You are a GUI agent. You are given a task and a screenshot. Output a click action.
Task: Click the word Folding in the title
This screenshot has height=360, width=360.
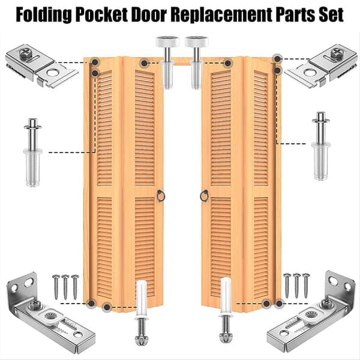(x=43, y=14)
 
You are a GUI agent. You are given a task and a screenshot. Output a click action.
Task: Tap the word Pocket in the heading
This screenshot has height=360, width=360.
(x=101, y=14)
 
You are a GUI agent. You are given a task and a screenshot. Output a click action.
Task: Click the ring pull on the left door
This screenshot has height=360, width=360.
(x=161, y=196)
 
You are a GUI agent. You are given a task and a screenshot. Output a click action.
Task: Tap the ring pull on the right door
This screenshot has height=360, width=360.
(x=204, y=196)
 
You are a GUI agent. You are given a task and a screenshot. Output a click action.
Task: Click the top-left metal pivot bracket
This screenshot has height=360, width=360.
(x=42, y=65)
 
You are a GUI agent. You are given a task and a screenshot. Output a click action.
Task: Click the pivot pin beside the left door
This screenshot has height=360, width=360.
(x=33, y=152)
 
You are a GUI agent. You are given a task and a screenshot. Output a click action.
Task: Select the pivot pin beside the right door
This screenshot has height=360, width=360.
(x=321, y=146)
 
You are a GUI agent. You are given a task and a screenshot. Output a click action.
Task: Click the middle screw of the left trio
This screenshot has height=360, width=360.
(x=65, y=287)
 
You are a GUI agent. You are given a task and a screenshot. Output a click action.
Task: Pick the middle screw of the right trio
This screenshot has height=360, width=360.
(x=296, y=286)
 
